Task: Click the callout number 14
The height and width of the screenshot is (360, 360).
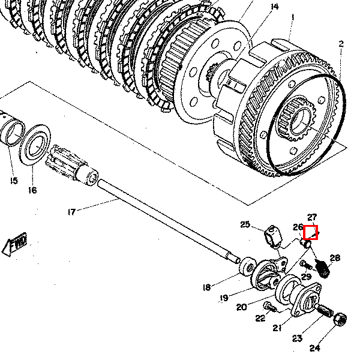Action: (275, 7)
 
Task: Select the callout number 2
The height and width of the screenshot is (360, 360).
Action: (341, 44)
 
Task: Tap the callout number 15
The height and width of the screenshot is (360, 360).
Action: (14, 181)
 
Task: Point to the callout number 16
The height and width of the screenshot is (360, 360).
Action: (32, 190)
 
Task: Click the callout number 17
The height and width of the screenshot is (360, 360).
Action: (72, 212)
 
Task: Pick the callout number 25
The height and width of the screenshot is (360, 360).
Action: (245, 224)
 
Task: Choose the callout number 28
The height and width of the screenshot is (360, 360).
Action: (335, 258)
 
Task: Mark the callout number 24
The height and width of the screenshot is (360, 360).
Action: (315, 348)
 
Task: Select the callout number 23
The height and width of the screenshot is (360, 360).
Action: (297, 338)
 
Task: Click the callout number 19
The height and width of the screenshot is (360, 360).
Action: (224, 298)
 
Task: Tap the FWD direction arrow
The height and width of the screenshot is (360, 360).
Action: (15, 244)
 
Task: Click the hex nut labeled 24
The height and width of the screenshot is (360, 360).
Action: (340, 319)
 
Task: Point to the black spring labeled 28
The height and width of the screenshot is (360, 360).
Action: (322, 269)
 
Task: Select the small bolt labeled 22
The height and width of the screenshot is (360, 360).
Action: (270, 307)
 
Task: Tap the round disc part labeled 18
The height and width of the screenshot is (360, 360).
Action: (247, 266)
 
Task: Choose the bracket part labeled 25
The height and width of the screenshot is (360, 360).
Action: (273, 237)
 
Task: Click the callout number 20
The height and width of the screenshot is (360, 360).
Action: (242, 307)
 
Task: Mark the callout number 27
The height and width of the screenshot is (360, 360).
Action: (312, 217)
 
